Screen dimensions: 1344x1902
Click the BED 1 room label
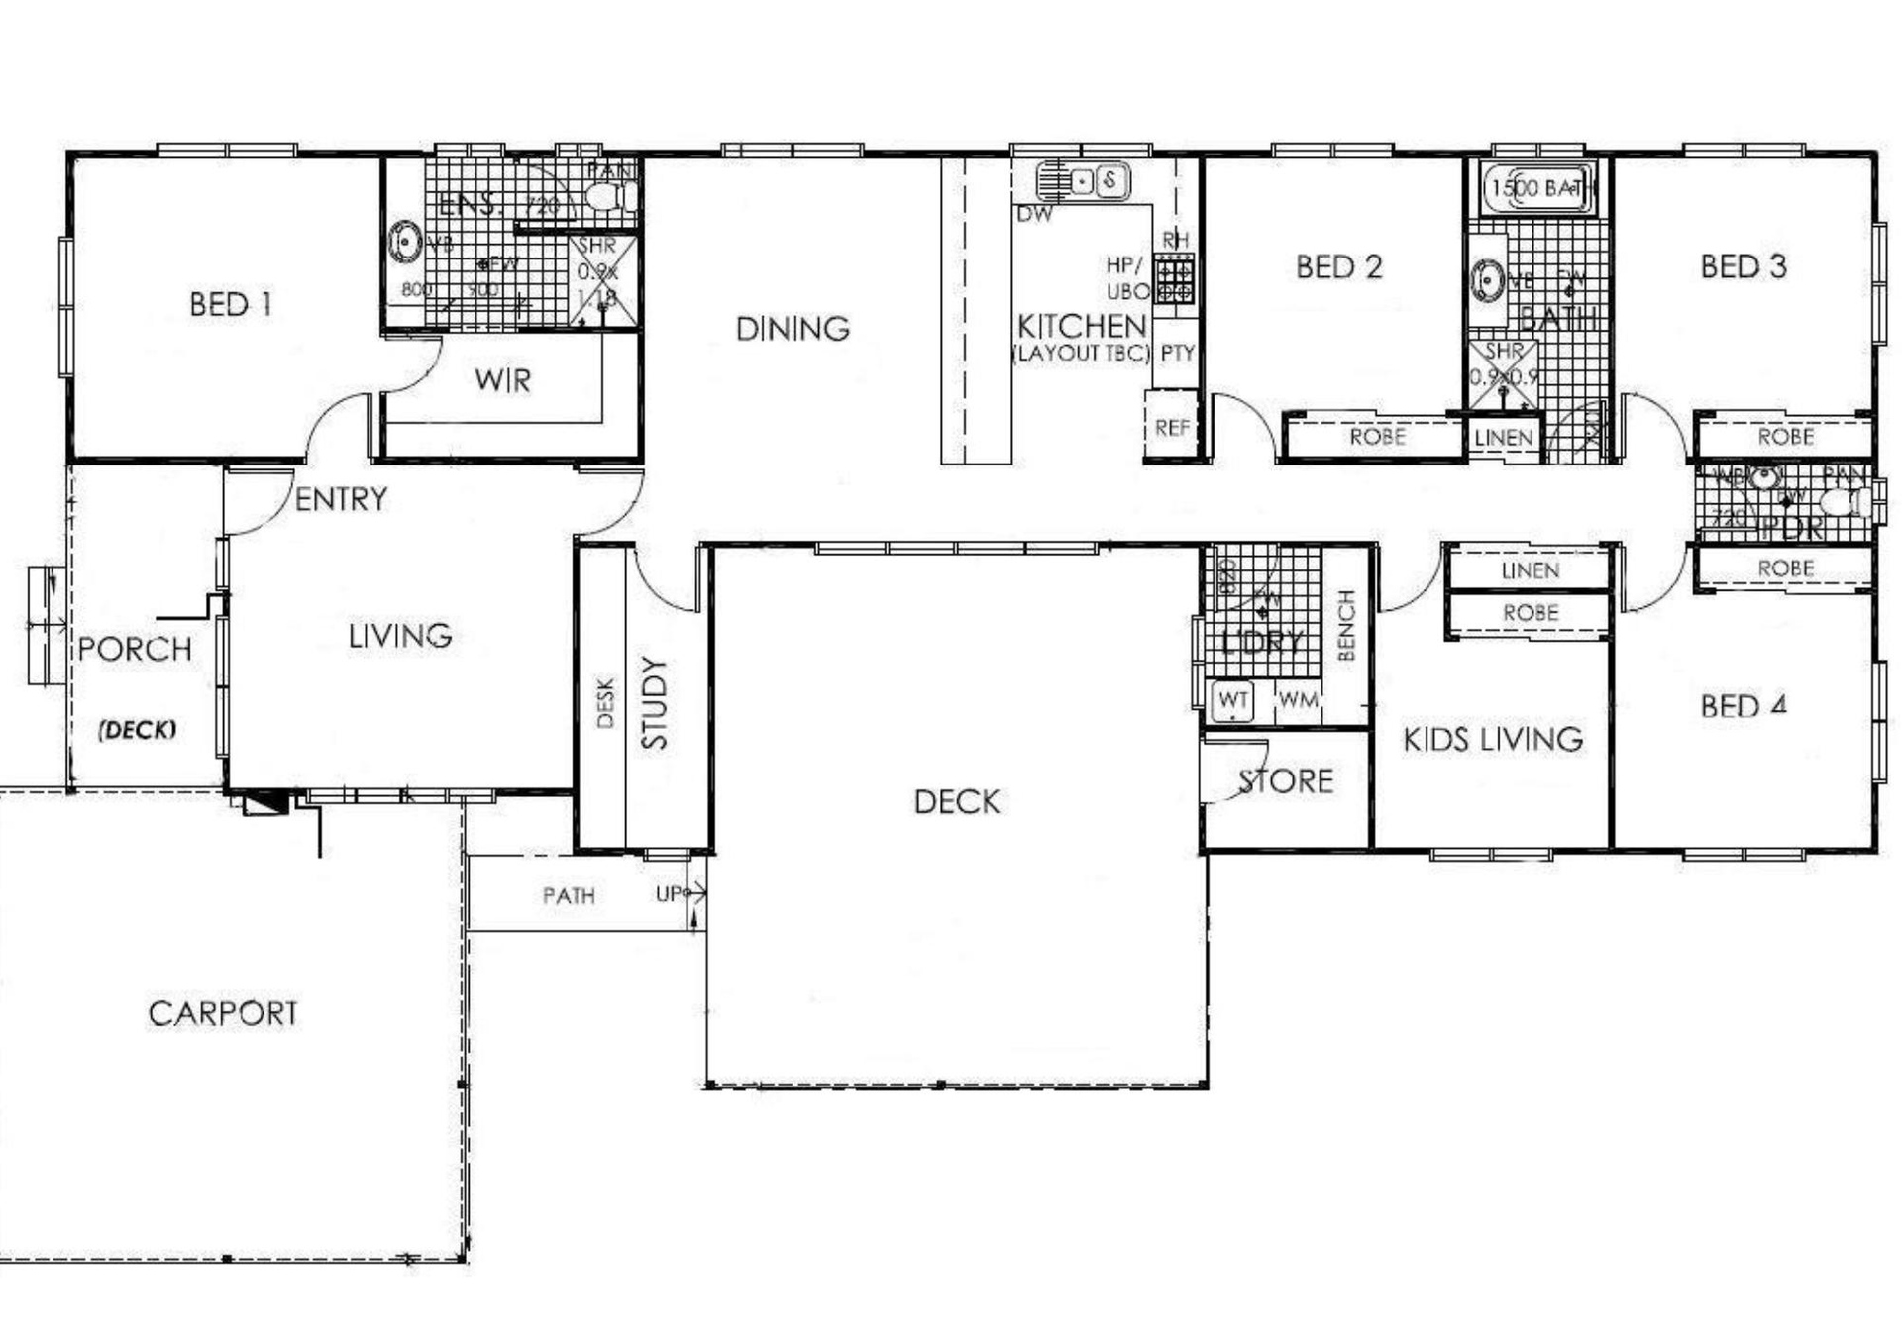coord(230,304)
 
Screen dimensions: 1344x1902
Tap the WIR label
coord(502,380)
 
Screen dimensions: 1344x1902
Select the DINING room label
coord(792,329)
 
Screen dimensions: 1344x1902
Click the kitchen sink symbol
coord(1083,181)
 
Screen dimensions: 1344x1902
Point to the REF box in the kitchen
coord(1172,427)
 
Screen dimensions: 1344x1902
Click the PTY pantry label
coord(1177,353)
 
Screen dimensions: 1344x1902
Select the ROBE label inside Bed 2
coord(1377,437)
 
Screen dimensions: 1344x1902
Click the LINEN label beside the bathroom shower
coord(1503,437)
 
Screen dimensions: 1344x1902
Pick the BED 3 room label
coord(1743,266)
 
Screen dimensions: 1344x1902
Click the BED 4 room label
coord(1743,706)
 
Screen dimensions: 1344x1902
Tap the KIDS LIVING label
coord(1493,739)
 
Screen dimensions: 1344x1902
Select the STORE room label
coord(1286,781)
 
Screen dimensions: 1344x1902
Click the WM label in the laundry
coord(1298,700)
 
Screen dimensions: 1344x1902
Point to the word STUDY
coord(655,702)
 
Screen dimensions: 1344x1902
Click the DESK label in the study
coord(606,702)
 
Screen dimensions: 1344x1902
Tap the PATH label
coord(569,896)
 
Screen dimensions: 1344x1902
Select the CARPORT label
coord(223,1013)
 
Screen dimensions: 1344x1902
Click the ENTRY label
coord(341,499)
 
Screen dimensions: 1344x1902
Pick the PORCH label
coord(135,650)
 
